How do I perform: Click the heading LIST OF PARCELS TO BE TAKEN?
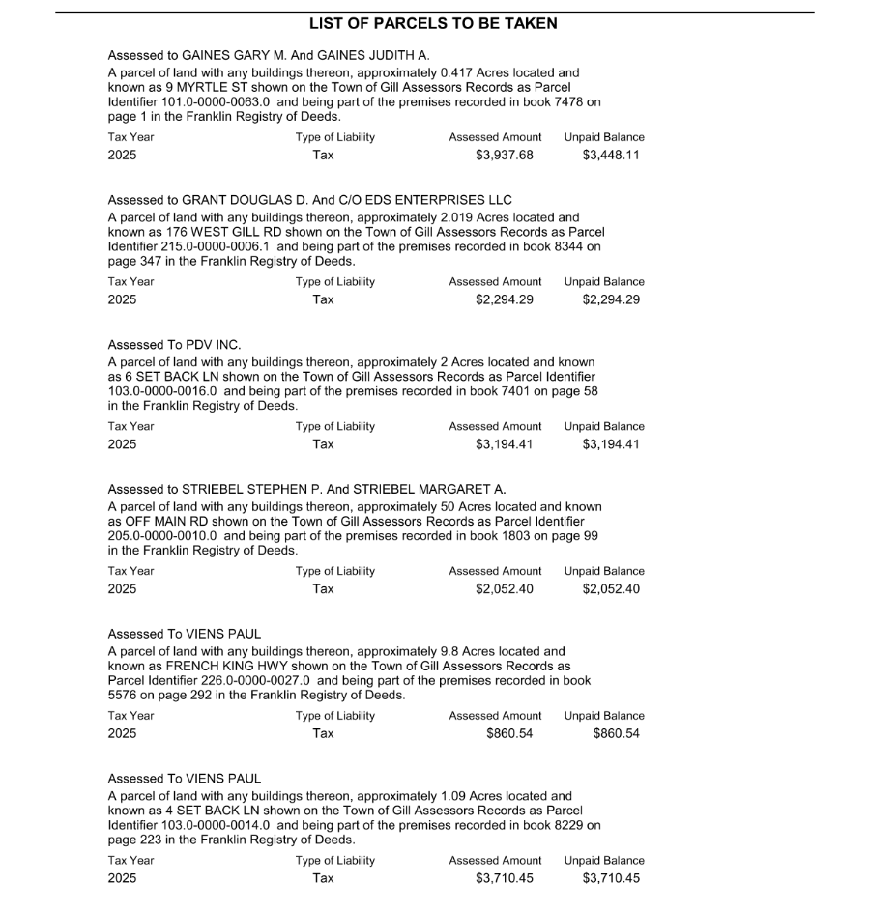(433, 23)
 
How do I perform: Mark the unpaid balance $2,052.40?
(611, 589)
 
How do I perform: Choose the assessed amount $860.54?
(509, 733)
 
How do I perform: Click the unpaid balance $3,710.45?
(611, 878)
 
